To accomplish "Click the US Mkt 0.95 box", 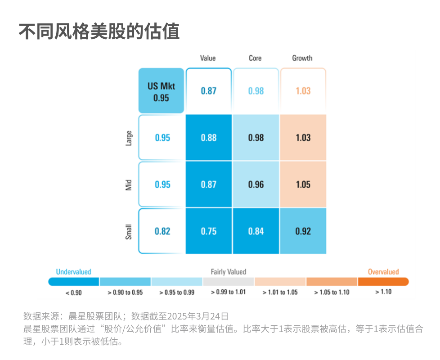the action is coord(161,90).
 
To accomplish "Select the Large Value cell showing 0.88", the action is coord(209,138).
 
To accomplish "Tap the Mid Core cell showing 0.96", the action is coord(256,184).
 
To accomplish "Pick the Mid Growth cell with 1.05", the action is coord(303,184).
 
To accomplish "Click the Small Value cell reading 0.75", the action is coord(209,231).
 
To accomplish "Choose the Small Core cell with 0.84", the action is coord(256,231).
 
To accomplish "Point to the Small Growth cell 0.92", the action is coord(303,231).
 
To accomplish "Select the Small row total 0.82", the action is coord(162,231).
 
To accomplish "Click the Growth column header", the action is coord(302,58).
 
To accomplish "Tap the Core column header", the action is coord(255,58).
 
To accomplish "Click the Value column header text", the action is coord(208,58).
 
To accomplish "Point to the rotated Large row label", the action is coord(128,138).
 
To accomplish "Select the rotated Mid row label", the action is coord(128,185).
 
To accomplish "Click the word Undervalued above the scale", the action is coord(73,272).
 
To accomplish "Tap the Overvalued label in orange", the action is coord(383,272).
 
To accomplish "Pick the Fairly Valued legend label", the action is coord(229,272).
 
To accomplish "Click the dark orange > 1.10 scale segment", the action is coord(383,282).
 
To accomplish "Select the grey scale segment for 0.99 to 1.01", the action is coord(229,282).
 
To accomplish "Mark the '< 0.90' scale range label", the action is coord(73,292).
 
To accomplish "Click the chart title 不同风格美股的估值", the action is coord(99,31).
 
